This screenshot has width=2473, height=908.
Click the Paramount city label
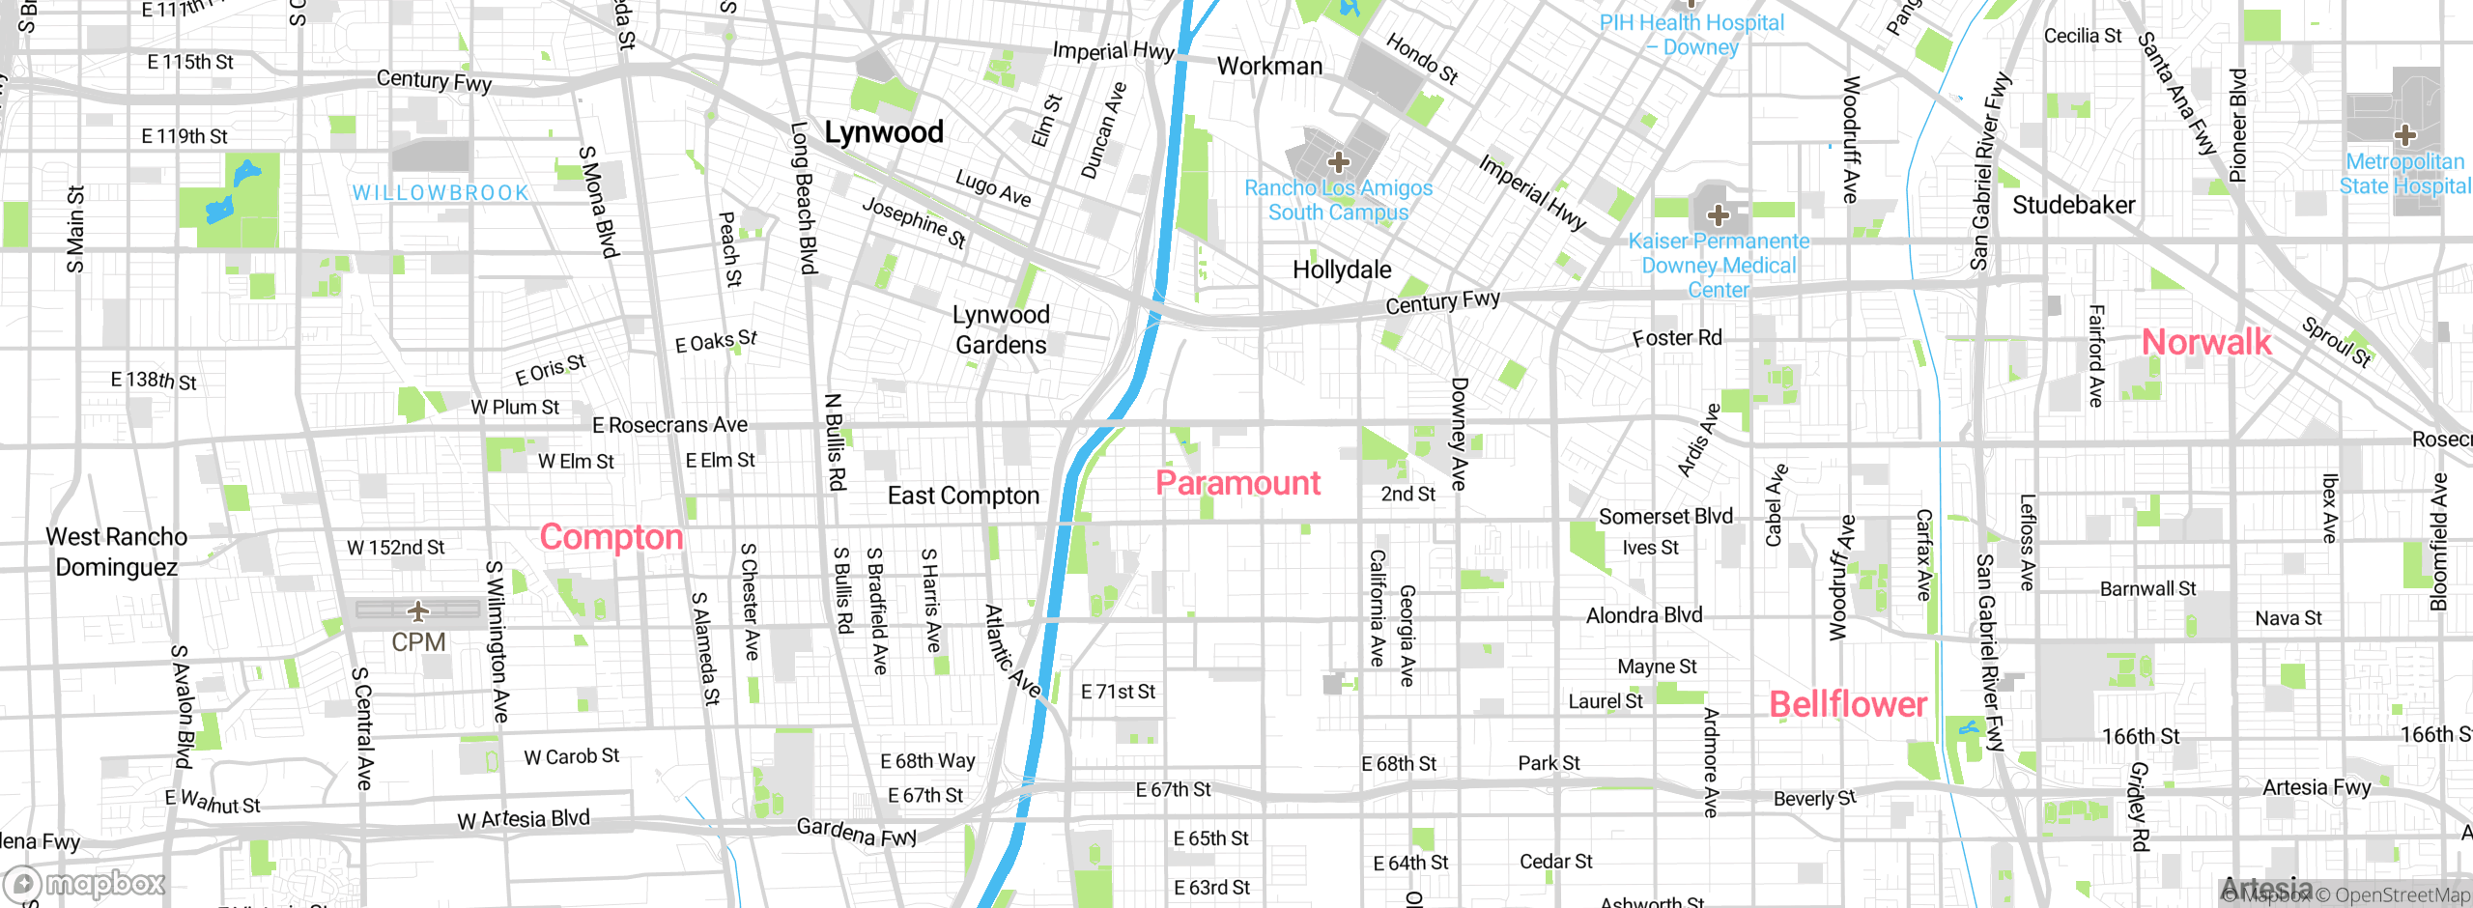[1237, 483]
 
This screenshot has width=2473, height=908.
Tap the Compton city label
[611, 537]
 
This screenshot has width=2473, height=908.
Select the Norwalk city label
[2206, 342]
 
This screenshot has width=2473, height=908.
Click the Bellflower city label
[1847, 704]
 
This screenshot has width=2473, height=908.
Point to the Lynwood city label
[883, 132]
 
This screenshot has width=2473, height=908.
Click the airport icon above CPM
[418, 610]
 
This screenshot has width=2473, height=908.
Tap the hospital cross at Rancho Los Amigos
[1338, 161]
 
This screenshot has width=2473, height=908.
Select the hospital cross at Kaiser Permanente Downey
[1718, 214]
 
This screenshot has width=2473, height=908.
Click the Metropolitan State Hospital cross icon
[2404, 135]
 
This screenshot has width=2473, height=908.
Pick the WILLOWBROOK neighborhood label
[441, 193]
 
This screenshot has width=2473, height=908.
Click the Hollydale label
[1342, 270]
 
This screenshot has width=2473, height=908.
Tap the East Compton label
[963, 496]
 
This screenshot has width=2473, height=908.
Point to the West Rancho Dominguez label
[117, 552]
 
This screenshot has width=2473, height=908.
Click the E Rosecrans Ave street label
[669, 425]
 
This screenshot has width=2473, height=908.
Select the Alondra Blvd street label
[1644, 615]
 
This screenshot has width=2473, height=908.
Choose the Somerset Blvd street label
[1665, 517]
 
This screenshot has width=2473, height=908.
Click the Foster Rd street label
[1677, 338]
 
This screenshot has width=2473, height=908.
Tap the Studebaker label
[2073, 205]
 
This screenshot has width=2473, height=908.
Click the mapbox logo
[85, 883]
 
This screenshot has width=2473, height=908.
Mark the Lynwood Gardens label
[1001, 329]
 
